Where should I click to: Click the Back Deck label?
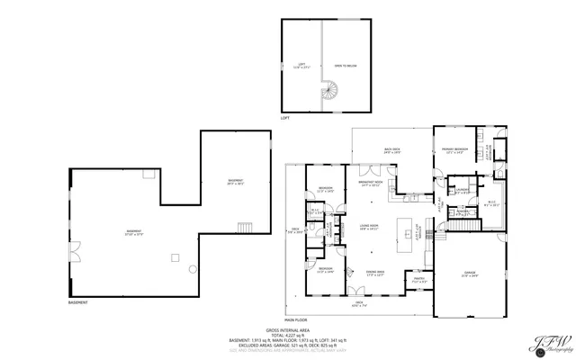(391, 151)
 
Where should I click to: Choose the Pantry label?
(418, 280)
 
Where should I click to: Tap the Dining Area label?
(374, 273)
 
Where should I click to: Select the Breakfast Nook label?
(373, 184)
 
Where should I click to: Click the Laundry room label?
(461, 191)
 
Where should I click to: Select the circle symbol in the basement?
(192, 270)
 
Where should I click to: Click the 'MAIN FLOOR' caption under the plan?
(296, 320)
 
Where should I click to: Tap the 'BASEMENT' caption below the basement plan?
(78, 302)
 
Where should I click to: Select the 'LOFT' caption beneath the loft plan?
(285, 118)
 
